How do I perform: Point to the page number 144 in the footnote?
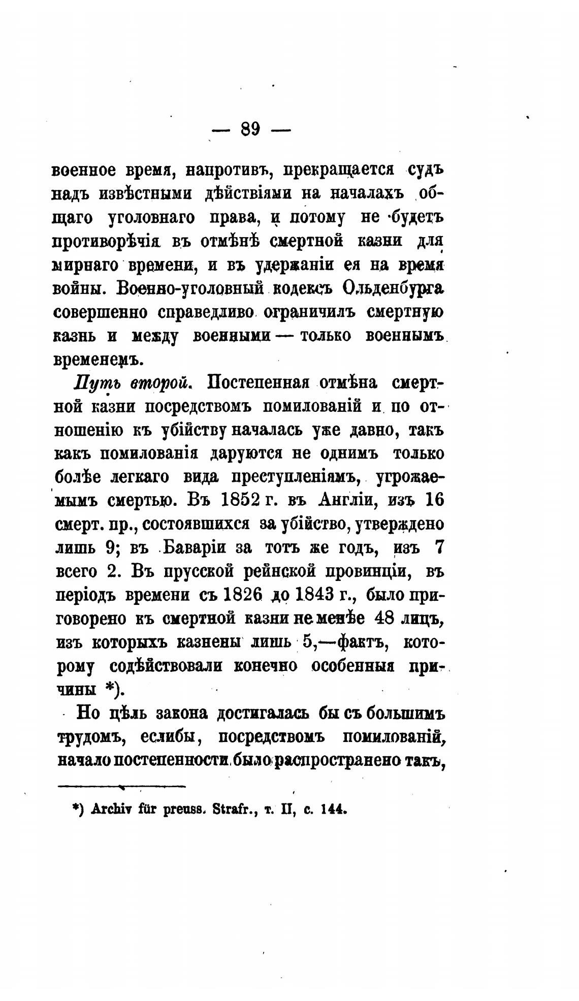[x=333, y=809]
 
